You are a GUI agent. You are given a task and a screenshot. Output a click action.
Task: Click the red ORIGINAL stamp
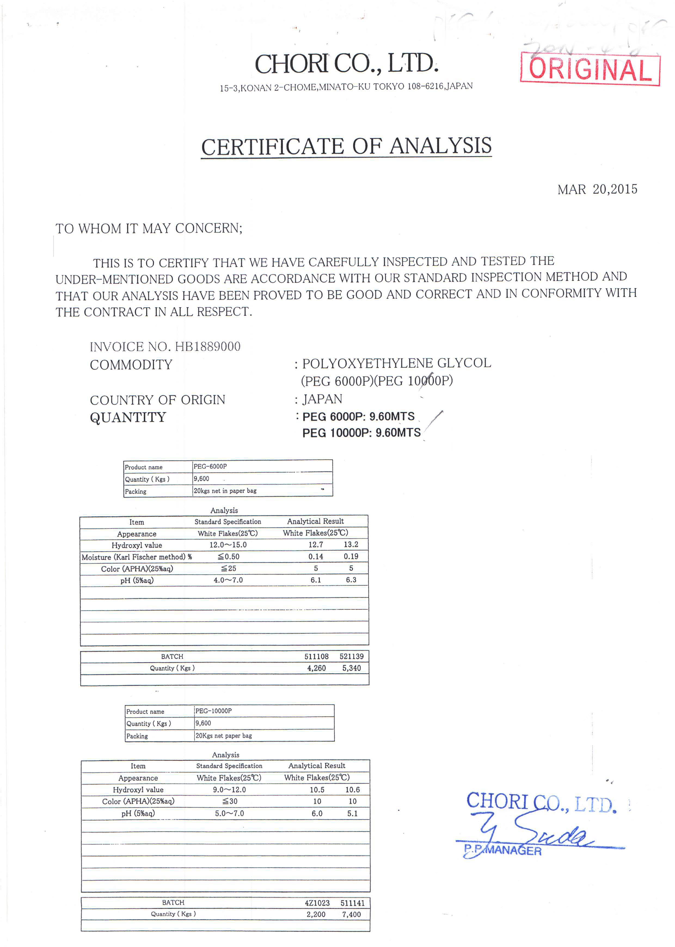click(x=590, y=69)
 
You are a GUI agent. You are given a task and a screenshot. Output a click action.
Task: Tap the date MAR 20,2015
click(x=597, y=190)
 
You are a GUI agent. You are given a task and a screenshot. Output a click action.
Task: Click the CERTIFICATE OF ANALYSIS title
click(x=346, y=146)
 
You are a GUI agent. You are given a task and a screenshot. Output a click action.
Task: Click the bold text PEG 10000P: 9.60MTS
click(x=361, y=433)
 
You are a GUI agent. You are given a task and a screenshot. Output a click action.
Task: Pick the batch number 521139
click(x=351, y=656)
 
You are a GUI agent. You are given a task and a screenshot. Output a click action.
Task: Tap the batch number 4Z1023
click(x=317, y=903)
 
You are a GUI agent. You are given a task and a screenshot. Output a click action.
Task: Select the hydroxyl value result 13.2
click(x=351, y=545)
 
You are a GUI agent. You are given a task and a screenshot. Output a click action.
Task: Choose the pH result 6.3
click(x=351, y=580)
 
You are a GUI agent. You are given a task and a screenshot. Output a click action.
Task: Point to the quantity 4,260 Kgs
click(x=316, y=668)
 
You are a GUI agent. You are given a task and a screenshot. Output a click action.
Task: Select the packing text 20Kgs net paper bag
click(x=224, y=735)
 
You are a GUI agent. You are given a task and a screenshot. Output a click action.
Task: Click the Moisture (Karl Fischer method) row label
click(x=136, y=557)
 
